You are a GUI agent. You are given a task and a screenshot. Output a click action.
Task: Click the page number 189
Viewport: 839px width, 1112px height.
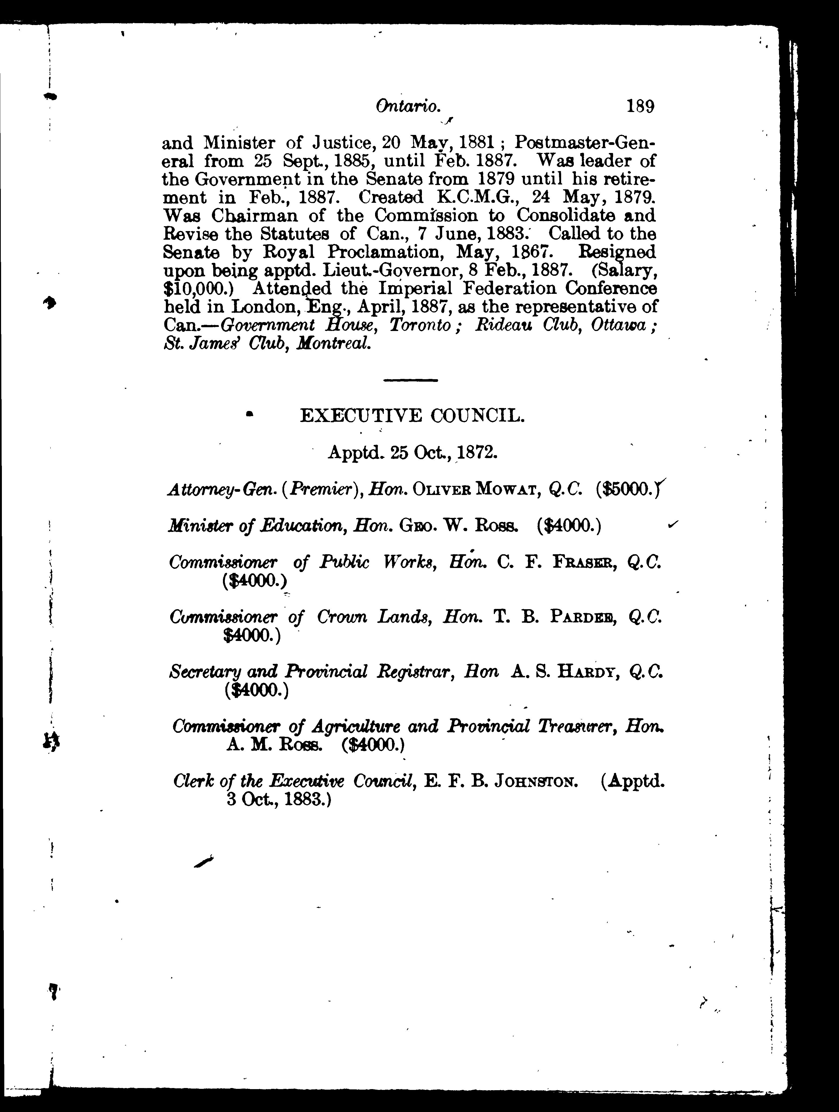click(x=639, y=107)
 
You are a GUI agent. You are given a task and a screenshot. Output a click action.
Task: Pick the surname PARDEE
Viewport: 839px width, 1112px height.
click(x=584, y=617)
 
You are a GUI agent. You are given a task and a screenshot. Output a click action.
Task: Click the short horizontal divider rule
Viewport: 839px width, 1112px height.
click(x=410, y=380)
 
